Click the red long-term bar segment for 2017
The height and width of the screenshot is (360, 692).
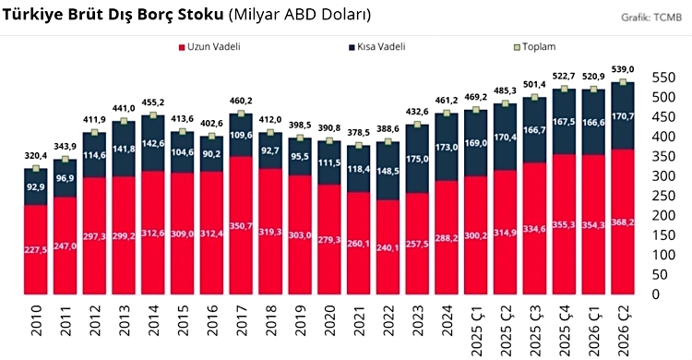[241, 225]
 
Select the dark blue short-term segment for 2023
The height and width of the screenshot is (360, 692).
[417, 159]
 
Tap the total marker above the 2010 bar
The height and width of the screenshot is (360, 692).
[36, 168]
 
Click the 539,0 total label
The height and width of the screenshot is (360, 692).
[623, 69]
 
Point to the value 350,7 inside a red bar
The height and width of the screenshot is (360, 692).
[241, 226]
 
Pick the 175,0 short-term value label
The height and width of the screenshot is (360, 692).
[417, 159]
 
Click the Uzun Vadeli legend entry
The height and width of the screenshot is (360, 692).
[209, 47]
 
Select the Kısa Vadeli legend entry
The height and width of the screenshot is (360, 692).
[377, 47]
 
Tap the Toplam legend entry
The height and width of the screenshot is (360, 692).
[535, 47]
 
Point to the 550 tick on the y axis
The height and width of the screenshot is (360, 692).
[664, 78]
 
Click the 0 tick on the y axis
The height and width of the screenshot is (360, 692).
[657, 294]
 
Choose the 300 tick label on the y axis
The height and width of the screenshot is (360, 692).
[664, 176]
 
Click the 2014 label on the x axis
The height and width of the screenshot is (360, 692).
[153, 319]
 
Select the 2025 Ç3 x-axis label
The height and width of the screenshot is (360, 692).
[534, 330]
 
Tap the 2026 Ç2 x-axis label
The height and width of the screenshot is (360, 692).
[623, 330]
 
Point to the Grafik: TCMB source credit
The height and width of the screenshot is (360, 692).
[651, 18]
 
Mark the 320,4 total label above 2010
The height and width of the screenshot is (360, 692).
[36, 155]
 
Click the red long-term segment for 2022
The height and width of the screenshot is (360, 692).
[388, 247]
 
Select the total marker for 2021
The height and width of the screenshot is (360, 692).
[358, 145]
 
